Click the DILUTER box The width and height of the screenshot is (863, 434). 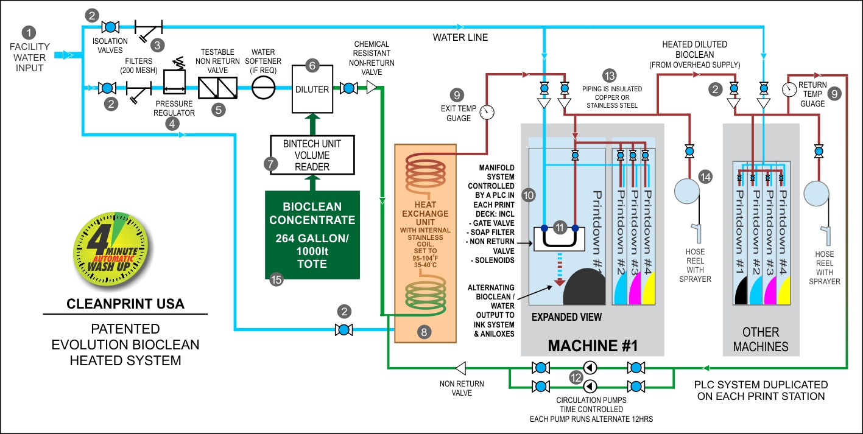[x=311, y=89]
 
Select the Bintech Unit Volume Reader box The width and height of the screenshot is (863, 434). [x=311, y=155]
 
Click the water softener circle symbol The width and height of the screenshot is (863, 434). [x=263, y=89]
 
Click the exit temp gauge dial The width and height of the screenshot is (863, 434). [x=487, y=111]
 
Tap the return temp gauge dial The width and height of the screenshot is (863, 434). [x=790, y=89]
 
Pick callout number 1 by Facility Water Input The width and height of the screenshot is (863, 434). [x=29, y=32]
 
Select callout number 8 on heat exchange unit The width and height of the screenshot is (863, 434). [x=424, y=332]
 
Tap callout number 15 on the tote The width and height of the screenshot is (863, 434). [x=277, y=280]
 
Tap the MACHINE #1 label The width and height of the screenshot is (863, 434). [x=592, y=345]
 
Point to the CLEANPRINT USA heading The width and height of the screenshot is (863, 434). [x=125, y=303]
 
